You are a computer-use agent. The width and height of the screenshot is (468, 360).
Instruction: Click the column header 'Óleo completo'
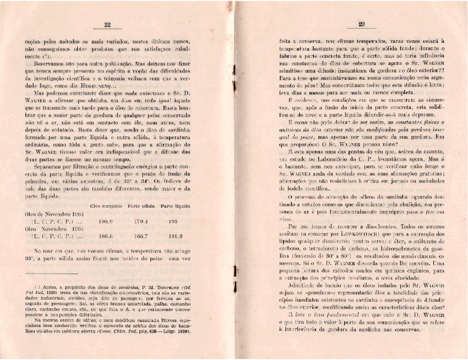[x=105, y=205]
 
